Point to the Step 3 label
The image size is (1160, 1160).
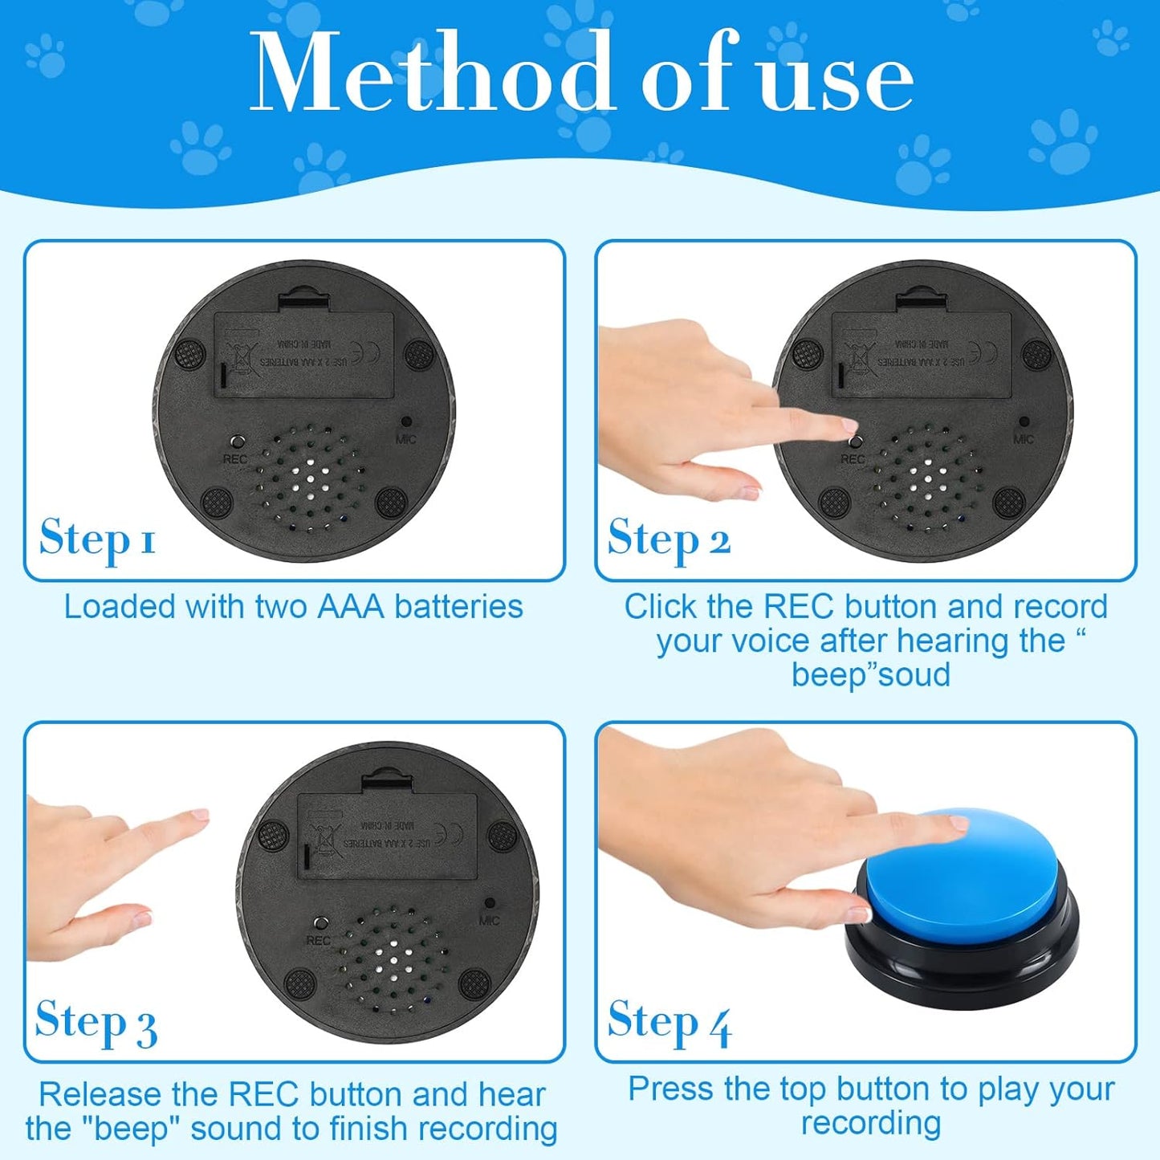click(x=96, y=1022)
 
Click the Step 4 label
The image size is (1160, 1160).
click(x=669, y=1022)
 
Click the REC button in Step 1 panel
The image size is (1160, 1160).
click(x=236, y=442)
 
